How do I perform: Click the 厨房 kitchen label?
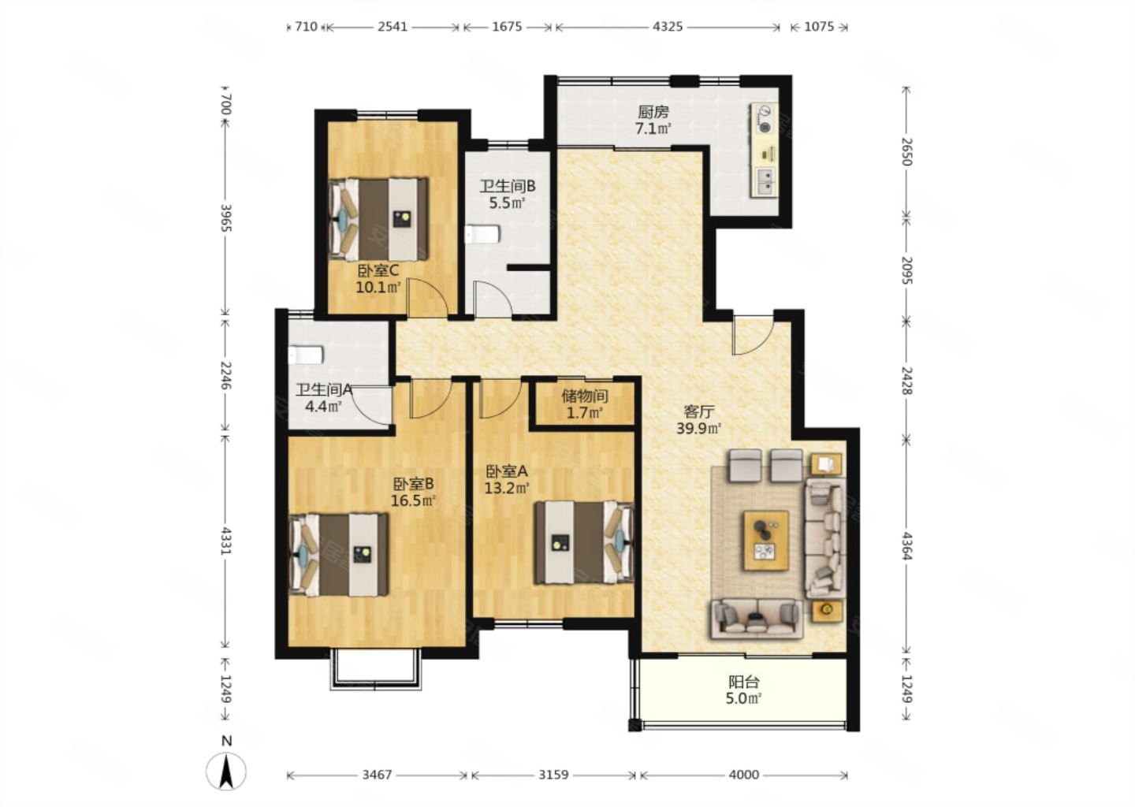653,112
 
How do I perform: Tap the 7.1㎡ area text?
653,128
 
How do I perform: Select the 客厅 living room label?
698,411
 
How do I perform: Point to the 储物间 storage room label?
584,396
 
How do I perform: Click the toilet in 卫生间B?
482,235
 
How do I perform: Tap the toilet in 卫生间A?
306,355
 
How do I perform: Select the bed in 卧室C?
378,219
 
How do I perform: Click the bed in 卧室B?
338,554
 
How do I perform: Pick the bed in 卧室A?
585,542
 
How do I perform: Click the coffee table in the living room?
766,541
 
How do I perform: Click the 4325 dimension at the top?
668,26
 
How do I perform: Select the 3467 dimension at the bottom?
377,775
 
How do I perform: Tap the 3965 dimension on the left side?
226,218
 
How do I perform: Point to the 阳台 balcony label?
744,682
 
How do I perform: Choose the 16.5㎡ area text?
414,500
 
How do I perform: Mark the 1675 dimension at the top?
508,26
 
